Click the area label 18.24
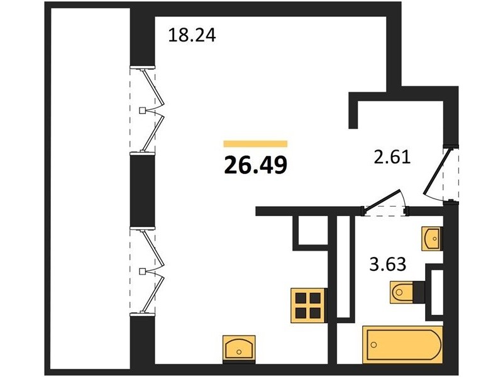(x=192, y=35)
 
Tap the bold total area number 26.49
(x=255, y=165)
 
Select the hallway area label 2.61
(x=392, y=158)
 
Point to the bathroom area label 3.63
(x=388, y=265)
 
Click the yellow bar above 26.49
(x=255, y=144)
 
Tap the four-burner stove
(x=308, y=305)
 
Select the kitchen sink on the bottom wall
(x=239, y=349)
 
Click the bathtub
(x=402, y=344)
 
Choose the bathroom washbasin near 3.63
(x=432, y=239)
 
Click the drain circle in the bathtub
(x=373, y=345)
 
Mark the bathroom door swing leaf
(x=382, y=200)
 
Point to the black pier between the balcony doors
(x=143, y=190)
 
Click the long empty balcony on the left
(x=91, y=188)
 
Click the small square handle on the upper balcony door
(x=142, y=111)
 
